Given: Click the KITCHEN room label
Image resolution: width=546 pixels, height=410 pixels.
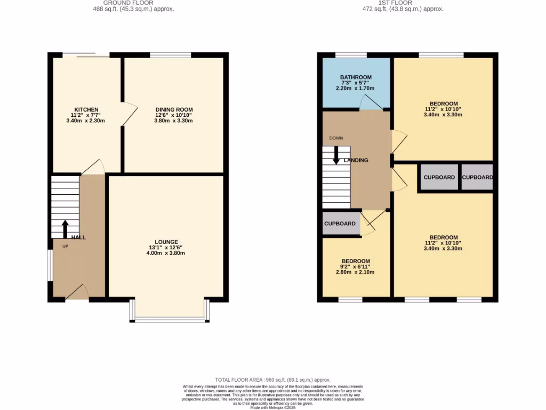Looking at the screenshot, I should (x=86, y=109).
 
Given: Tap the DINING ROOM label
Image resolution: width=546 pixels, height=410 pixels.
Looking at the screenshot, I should (x=174, y=109).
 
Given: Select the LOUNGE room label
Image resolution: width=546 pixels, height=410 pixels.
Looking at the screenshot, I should (x=166, y=242).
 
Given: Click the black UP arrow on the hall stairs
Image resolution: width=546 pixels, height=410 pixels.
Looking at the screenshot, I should (x=65, y=228).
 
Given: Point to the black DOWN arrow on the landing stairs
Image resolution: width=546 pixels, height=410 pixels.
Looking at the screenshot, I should (x=336, y=155).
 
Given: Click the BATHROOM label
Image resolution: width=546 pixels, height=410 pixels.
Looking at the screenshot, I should (x=356, y=77).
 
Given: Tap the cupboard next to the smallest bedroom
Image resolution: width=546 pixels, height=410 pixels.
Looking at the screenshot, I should (x=340, y=224).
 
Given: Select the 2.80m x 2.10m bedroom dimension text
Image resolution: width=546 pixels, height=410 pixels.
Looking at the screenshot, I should (x=355, y=272).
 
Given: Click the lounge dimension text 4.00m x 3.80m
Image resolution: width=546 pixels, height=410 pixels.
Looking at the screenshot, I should (x=166, y=253).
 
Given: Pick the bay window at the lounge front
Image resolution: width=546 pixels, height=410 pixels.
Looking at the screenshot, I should (x=168, y=320).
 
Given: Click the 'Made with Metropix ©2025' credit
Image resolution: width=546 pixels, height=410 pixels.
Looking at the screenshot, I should (x=272, y=407).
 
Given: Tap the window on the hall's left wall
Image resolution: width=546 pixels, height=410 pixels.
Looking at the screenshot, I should (x=50, y=265).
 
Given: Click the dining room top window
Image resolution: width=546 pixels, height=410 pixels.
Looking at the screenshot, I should (x=171, y=54).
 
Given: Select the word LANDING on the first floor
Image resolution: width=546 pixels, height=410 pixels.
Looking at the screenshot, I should (x=356, y=160).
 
